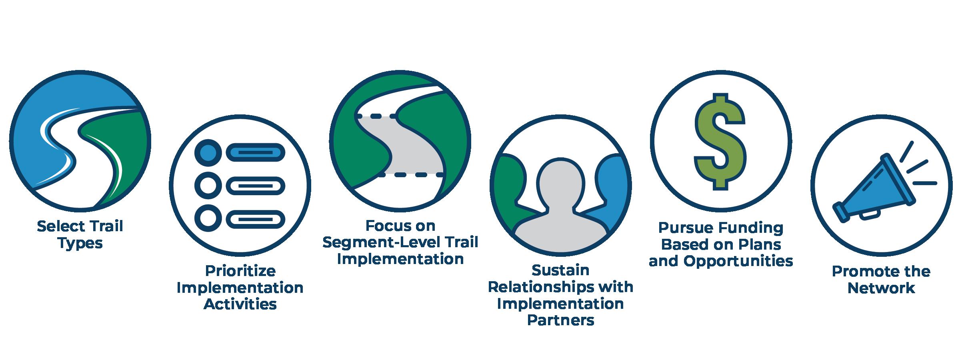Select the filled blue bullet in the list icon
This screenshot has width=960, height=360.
pyautogui.click(x=208, y=152)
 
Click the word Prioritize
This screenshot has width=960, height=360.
pyautogui.click(x=240, y=271)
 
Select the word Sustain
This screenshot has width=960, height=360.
pyautogui.click(x=560, y=270)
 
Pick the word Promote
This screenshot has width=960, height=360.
pyautogui.click(x=858, y=272)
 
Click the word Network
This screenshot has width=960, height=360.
pyautogui.click(x=881, y=288)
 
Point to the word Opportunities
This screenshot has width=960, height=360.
pyautogui.click(x=738, y=261)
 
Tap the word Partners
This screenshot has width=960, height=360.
pyautogui.click(x=560, y=320)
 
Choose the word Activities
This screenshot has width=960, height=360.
pyautogui.click(x=240, y=304)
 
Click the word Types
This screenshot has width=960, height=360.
pyautogui.click(x=80, y=243)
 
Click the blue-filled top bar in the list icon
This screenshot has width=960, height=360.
pyautogui.click(x=256, y=152)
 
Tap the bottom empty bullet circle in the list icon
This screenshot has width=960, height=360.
pyautogui.click(x=208, y=219)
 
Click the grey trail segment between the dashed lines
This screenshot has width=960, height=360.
pyautogui.click(x=412, y=146)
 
